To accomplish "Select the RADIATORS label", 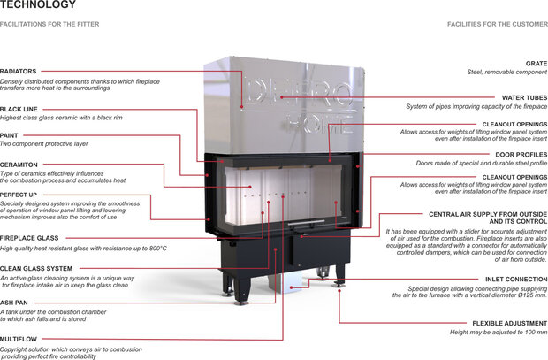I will click(19, 71).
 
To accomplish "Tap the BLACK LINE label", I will click(19, 109).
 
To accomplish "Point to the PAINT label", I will click(10, 135).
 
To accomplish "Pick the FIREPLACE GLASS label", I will click(28, 239).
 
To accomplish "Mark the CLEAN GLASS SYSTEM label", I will click(36, 268).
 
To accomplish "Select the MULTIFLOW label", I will click(19, 339).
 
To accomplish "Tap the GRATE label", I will click(537, 64).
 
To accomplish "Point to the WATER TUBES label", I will click(521, 99).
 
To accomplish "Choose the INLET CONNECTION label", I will click(516, 280).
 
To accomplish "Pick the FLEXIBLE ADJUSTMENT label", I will click(511, 322).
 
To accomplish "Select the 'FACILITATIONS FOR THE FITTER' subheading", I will click(49, 24).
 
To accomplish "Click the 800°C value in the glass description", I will click(156, 248).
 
